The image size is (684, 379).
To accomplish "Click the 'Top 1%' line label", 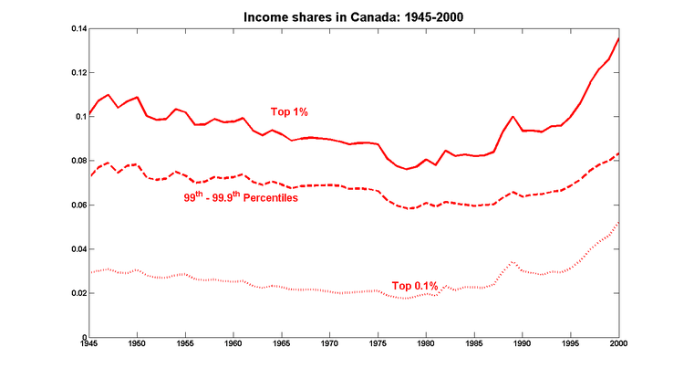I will [x=289, y=111].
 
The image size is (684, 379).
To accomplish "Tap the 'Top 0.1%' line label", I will [x=414, y=286].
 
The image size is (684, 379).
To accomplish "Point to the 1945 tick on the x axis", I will [x=88, y=345].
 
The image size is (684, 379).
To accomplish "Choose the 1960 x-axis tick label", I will [x=233, y=345].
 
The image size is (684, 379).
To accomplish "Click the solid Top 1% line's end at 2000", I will [x=619, y=38].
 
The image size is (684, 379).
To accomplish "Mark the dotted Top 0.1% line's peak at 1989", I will [x=513, y=262].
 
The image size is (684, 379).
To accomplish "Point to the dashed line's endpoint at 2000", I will [x=619, y=153].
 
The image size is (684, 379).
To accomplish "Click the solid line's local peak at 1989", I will [x=513, y=117].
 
